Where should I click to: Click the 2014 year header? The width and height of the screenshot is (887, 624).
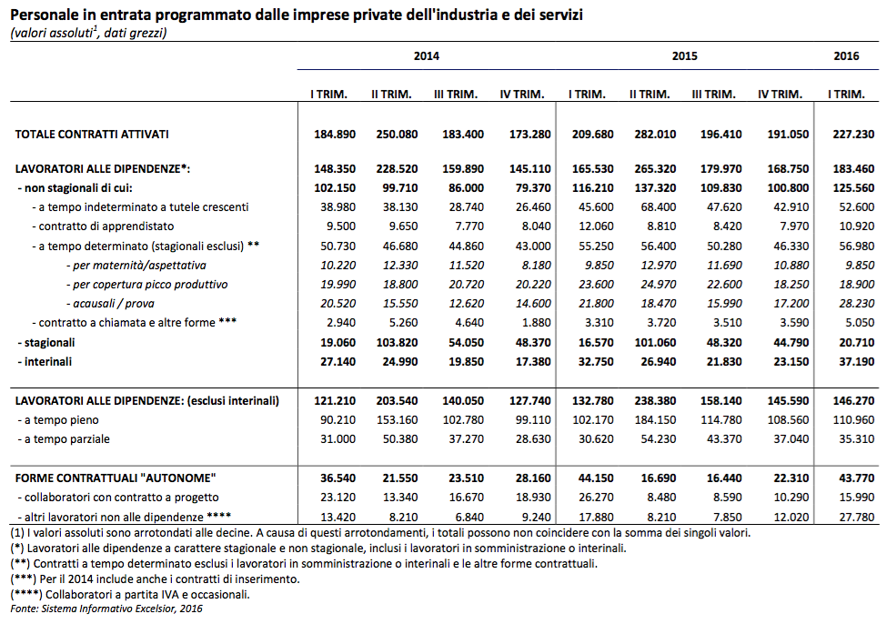(426, 56)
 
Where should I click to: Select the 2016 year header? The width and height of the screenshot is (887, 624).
(846, 56)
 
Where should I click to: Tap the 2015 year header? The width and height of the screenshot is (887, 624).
(684, 56)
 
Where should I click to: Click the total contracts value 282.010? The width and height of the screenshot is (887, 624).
(655, 135)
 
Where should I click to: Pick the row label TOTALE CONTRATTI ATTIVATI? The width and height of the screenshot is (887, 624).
(92, 135)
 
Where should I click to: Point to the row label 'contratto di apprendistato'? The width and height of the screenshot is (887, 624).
(103, 226)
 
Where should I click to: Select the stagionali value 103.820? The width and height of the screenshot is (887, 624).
(398, 343)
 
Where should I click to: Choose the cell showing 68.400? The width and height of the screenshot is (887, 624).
(659, 207)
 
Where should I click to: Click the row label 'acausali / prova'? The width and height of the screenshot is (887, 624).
(110, 304)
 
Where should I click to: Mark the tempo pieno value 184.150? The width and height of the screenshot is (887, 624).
(655, 420)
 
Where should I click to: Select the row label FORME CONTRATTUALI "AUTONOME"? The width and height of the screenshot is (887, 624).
(116, 478)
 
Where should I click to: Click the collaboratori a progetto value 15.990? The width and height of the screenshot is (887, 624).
(857, 498)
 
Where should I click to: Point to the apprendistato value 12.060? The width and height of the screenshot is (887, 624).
(596, 226)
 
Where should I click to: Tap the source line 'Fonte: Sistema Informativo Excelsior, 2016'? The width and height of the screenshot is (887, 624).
(106, 609)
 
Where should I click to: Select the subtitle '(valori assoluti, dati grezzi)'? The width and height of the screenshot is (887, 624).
(88, 33)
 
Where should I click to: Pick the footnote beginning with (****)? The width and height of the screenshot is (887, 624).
(130, 595)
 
